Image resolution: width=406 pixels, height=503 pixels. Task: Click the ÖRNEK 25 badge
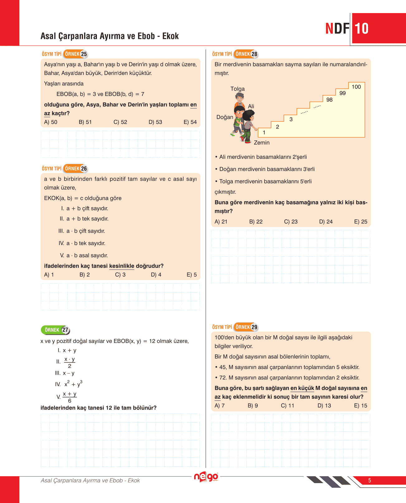coord(76,54)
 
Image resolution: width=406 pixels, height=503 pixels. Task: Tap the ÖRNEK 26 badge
coord(76,169)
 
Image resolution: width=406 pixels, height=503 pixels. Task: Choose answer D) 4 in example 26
coord(156,275)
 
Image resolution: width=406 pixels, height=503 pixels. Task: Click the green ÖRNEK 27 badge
coord(56,330)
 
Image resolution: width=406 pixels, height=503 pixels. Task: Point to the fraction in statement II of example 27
coord(69,363)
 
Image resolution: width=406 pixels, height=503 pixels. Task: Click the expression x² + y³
coord(74,384)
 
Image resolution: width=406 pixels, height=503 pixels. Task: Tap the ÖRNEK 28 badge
coord(246,54)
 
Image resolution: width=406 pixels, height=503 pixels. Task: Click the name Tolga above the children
coord(237,89)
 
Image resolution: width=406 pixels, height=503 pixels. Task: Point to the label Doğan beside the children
coord(225,117)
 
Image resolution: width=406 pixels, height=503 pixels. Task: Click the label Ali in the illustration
coord(251,106)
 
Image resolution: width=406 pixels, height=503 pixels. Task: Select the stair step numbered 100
coord(356,87)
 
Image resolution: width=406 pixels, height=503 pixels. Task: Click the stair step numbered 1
coord(264,133)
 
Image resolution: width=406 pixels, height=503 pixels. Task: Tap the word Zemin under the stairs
coord(261,143)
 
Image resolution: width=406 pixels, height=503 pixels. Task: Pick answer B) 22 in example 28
coord(256,222)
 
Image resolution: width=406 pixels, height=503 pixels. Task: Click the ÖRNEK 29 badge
coord(246,327)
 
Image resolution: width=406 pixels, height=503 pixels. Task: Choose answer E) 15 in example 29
coord(361,406)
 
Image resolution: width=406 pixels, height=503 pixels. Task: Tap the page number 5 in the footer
coord(370,481)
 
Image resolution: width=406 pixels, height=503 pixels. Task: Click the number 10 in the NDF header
coord(361,29)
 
